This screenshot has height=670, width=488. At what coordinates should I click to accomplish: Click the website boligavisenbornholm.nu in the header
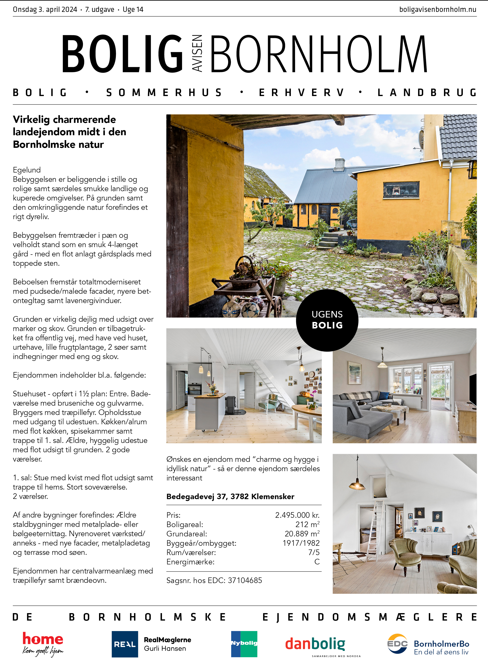437,10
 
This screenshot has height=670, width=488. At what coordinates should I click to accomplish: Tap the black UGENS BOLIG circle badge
327,320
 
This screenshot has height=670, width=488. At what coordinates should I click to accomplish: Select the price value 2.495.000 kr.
297,515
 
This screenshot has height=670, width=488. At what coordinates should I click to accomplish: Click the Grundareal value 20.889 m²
302,534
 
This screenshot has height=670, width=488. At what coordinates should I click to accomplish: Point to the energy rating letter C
317,562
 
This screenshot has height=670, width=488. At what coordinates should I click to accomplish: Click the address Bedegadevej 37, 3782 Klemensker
230,497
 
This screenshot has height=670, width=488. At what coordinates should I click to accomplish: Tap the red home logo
43,639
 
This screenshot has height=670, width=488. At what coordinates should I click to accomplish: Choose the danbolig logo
315,644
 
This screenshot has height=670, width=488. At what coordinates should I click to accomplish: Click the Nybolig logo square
244,644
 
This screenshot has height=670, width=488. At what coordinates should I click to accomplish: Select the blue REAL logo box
125,644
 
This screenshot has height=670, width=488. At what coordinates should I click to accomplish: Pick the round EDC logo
397,644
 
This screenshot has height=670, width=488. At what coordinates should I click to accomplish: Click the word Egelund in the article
27,170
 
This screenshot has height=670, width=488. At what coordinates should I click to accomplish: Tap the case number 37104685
245,580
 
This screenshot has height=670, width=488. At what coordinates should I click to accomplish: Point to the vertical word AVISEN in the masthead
197,53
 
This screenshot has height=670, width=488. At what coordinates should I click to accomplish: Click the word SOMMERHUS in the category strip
164,93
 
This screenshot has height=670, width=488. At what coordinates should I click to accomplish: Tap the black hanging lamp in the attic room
357,485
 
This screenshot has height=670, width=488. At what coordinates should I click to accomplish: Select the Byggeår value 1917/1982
301,543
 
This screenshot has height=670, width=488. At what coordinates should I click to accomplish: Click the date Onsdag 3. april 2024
45,10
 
